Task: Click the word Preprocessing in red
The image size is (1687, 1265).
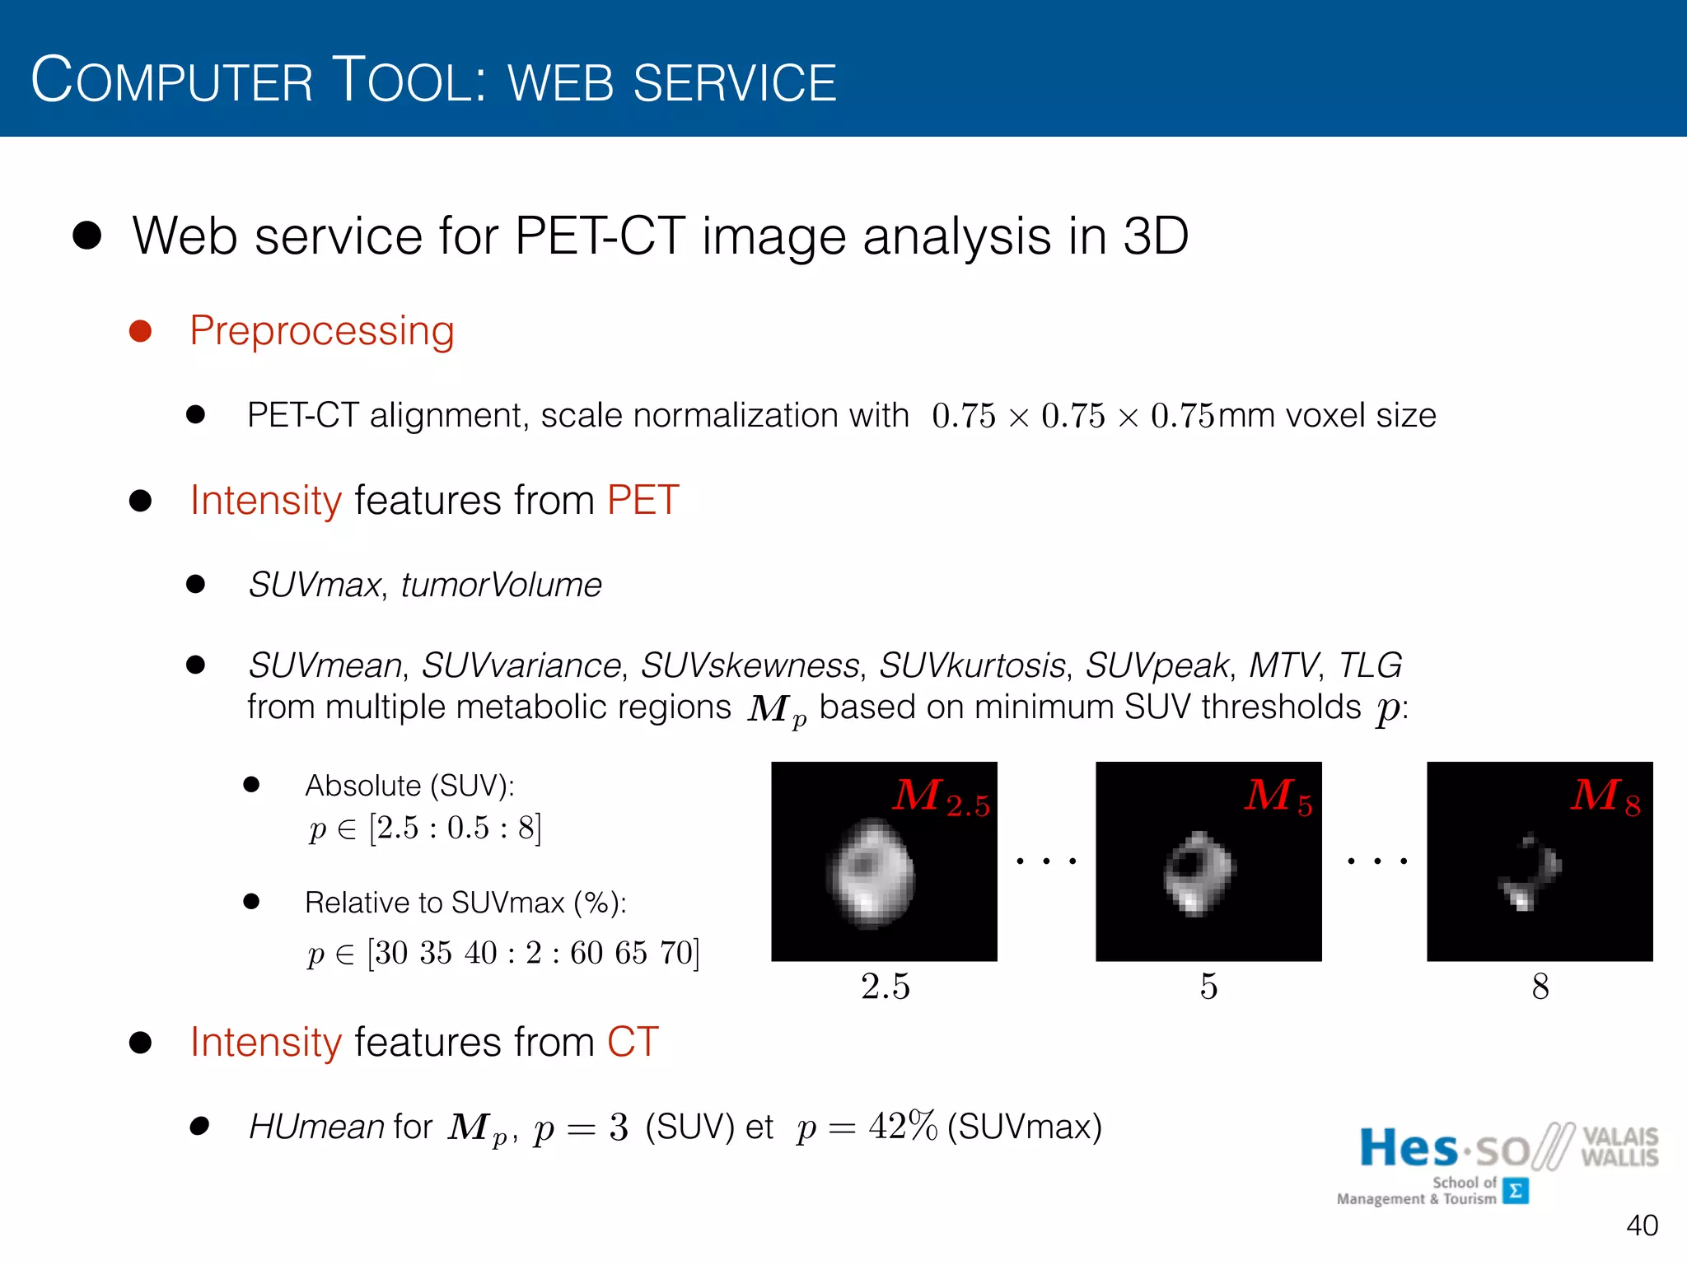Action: (x=321, y=331)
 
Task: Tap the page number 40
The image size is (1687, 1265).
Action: (x=1641, y=1225)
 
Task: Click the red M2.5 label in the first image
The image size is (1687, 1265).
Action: (x=941, y=797)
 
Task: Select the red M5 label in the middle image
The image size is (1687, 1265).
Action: (x=1278, y=797)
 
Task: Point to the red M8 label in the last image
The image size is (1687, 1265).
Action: (x=1604, y=797)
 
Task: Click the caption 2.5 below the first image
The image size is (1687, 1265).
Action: (x=885, y=986)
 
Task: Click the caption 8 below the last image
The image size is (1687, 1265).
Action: (x=1540, y=986)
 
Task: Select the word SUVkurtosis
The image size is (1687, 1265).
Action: (x=972, y=665)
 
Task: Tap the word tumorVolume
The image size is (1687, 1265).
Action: (x=501, y=585)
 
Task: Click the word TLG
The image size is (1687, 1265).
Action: (x=1369, y=665)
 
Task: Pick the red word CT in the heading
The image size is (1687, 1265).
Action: (x=633, y=1042)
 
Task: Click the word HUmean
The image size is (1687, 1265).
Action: (x=316, y=1127)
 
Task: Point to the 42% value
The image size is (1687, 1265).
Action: (x=903, y=1126)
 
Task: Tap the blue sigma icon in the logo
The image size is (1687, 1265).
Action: (x=1515, y=1191)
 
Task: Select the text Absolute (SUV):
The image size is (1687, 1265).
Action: (x=409, y=786)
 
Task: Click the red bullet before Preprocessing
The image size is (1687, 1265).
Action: (x=141, y=331)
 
